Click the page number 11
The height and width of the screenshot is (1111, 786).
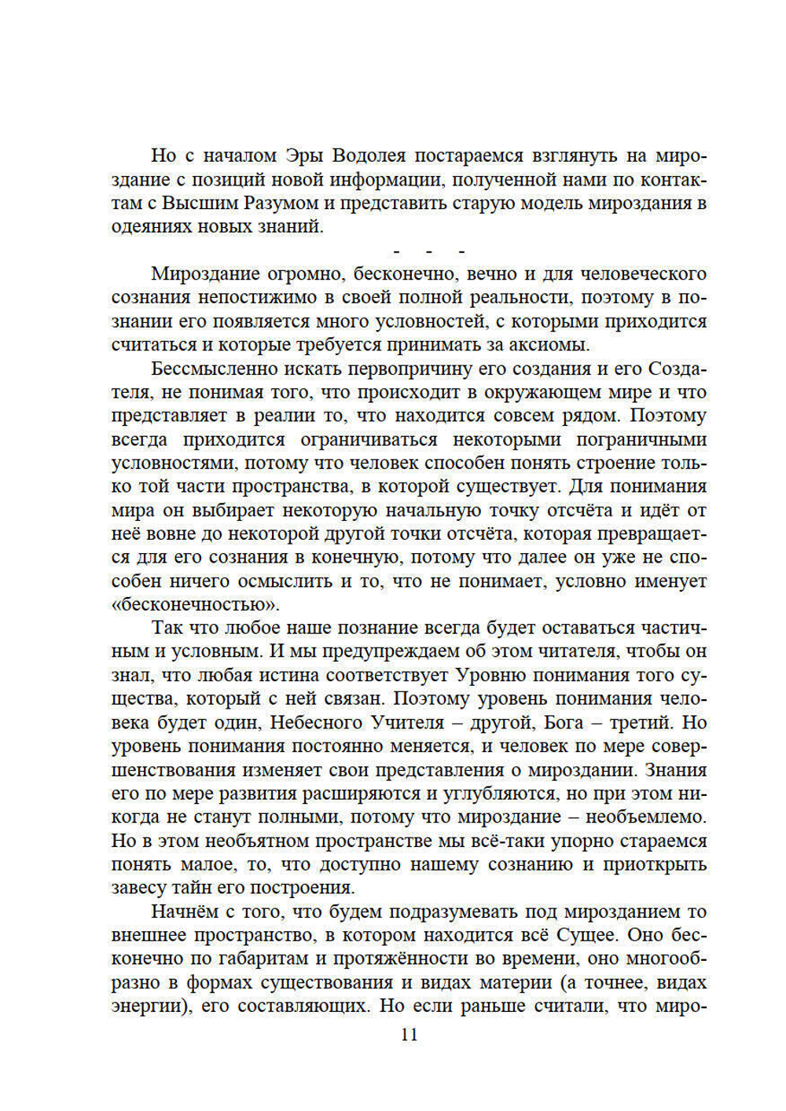click(409, 1034)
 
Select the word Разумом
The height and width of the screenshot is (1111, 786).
click(279, 203)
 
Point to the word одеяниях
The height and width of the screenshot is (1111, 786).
click(151, 226)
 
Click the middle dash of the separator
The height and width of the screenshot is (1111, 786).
click(428, 251)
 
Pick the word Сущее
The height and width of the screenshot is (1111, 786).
click(585, 935)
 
